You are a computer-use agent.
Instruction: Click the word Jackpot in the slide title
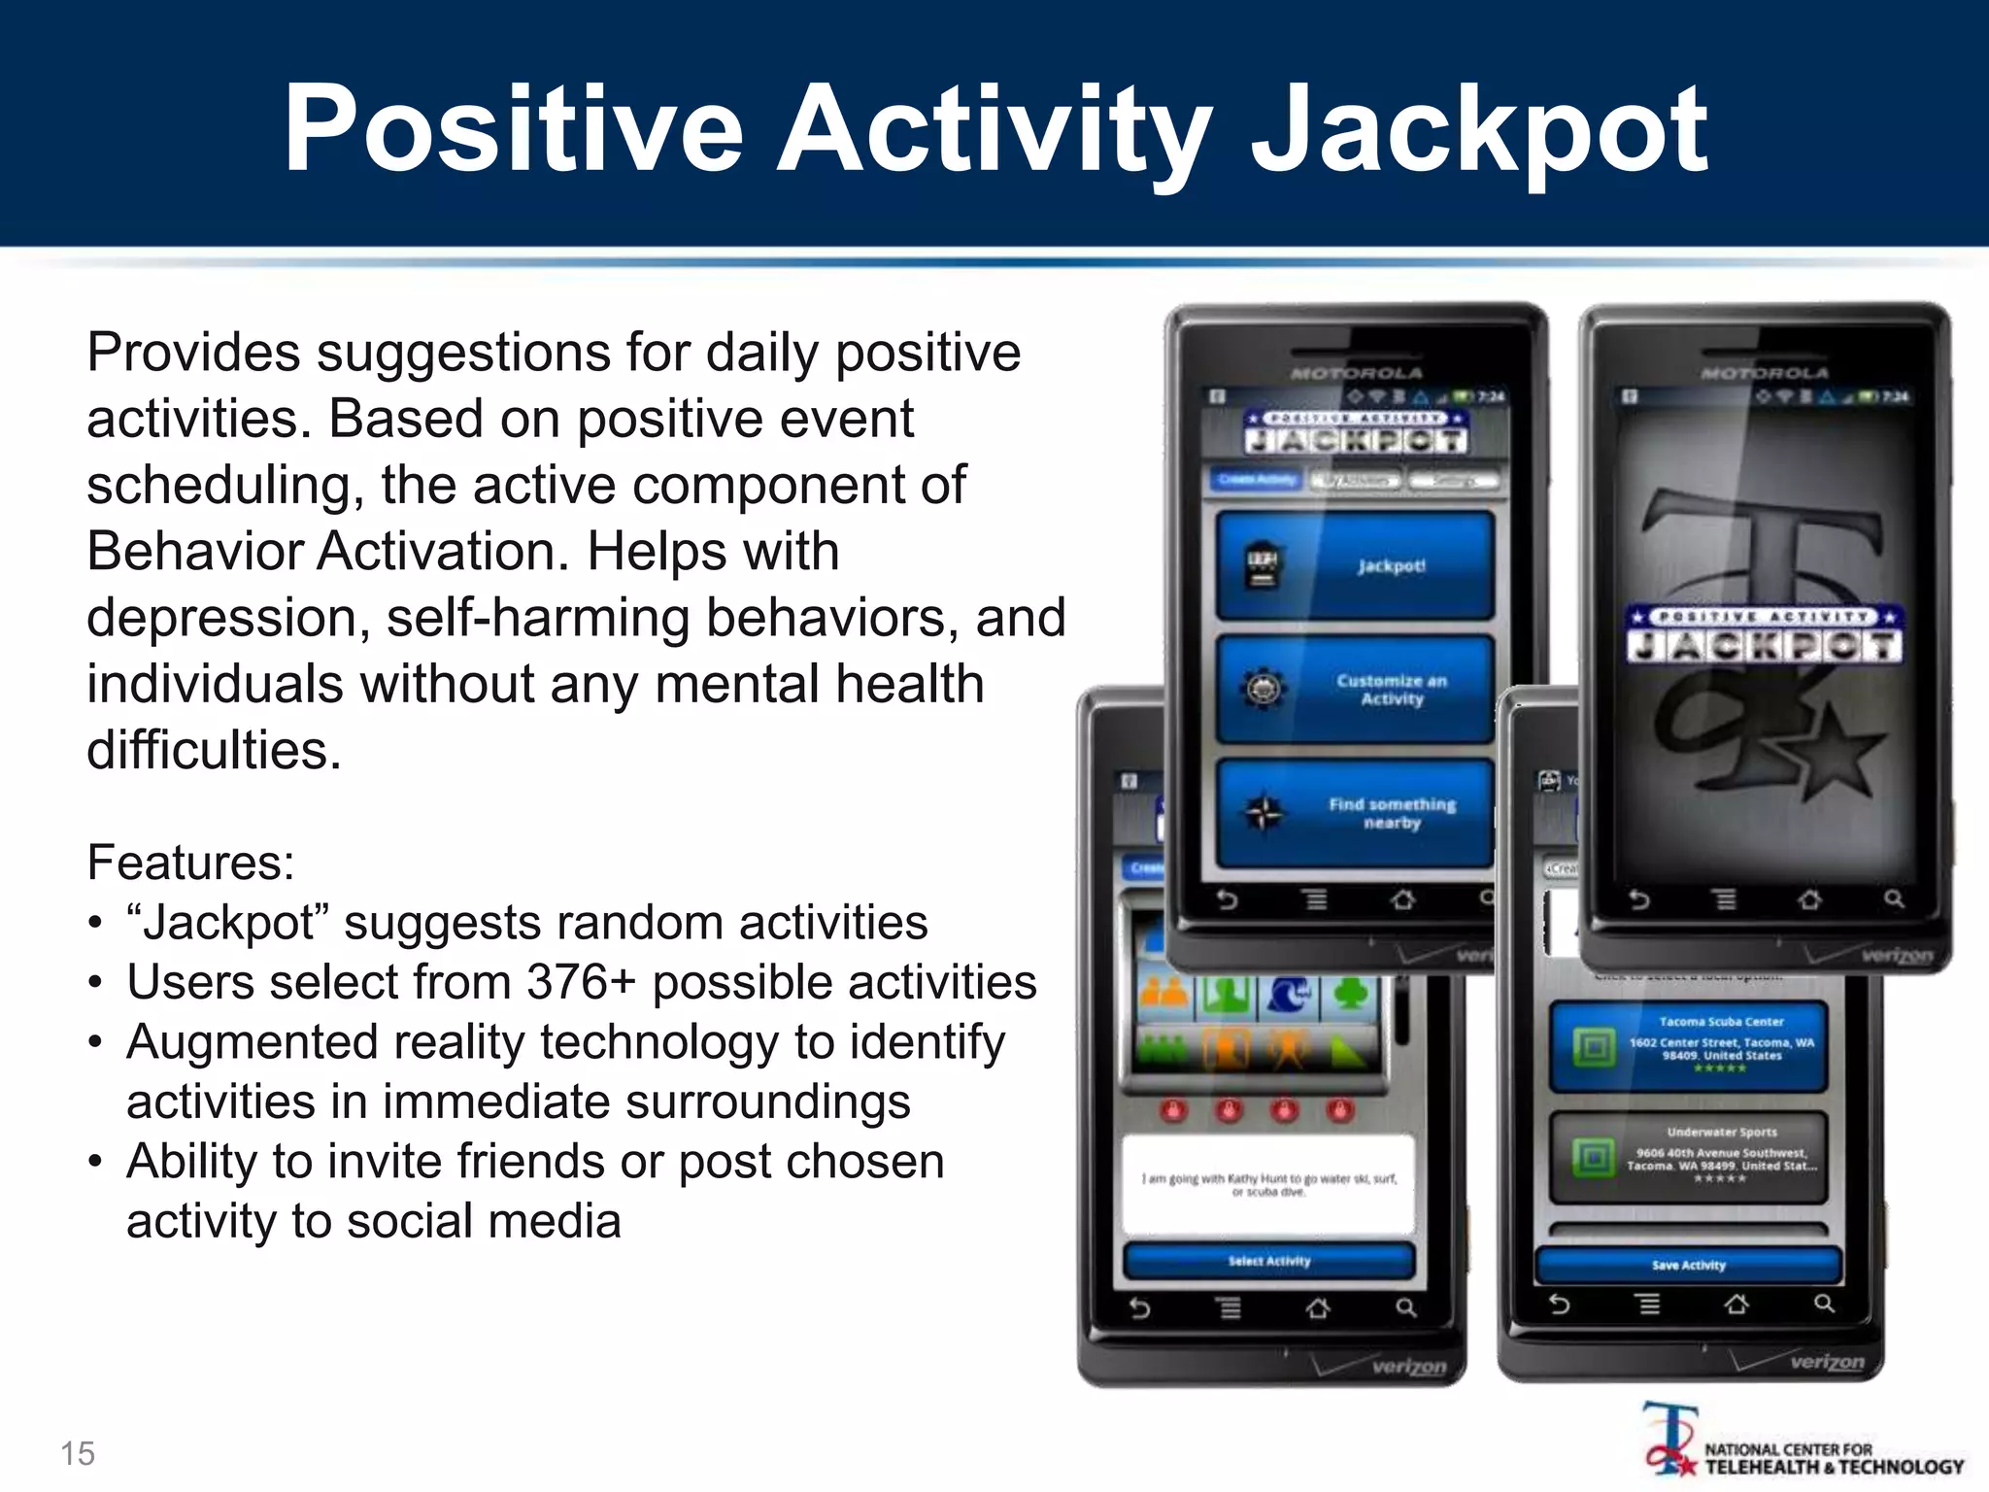click(1478, 131)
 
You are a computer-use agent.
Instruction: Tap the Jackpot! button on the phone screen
click(1355, 565)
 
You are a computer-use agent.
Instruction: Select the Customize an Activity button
click(1355, 690)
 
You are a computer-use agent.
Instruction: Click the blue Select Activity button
click(1268, 1261)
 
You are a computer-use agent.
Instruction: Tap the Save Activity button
click(1688, 1265)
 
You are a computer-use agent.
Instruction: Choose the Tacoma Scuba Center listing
click(1688, 1046)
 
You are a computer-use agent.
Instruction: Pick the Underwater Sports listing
click(1688, 1157)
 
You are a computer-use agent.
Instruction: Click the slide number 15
click(78, 1453)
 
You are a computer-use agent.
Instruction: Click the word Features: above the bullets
click(190, 863)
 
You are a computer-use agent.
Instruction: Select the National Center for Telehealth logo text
click(1834, 1458)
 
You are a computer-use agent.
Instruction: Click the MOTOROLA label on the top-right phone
click(1764, 373)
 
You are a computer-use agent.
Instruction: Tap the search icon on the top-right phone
click(1894, 899)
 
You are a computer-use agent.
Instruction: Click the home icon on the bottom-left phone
click(1318, 1308)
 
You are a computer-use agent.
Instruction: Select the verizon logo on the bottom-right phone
click(1827, 1361)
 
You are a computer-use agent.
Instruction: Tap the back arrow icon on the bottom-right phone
click(1559, 1304)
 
